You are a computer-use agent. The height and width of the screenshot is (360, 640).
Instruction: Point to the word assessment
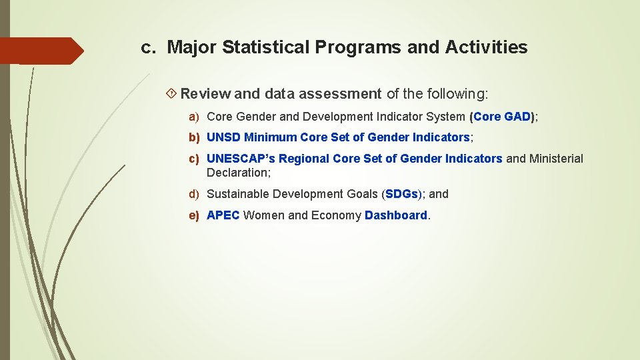[x=340, y=94]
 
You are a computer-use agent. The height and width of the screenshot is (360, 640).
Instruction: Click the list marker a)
[x=194, y=117]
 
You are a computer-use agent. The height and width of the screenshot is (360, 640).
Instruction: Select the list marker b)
[x=194, y=137]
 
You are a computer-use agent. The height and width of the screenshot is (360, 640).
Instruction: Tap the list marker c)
[x=194, y=159]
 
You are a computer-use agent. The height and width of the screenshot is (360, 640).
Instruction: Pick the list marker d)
[x=194, y=194]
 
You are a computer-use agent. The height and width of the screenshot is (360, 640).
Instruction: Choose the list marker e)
[x=194, y=215]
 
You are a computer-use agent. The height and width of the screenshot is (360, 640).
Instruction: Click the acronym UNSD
[x=224, y=137]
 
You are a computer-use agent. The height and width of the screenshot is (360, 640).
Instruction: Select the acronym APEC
[x=223, y=215]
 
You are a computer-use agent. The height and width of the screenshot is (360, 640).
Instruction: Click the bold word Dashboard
[x=396, y=215]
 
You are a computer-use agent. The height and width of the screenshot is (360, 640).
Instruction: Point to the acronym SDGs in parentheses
[x=401, y=194]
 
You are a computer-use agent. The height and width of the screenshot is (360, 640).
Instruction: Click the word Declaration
[x=237, y=173]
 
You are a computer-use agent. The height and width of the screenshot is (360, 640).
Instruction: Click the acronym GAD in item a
[x=518, y=117]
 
